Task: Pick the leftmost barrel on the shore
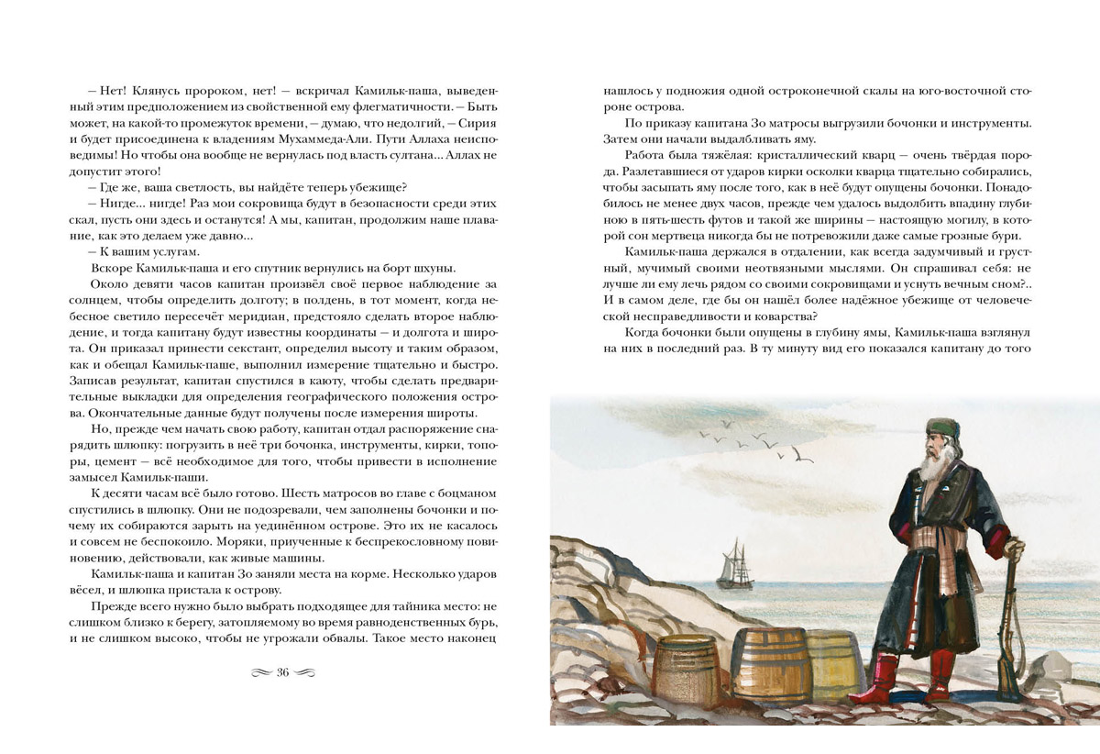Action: [685, 671]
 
